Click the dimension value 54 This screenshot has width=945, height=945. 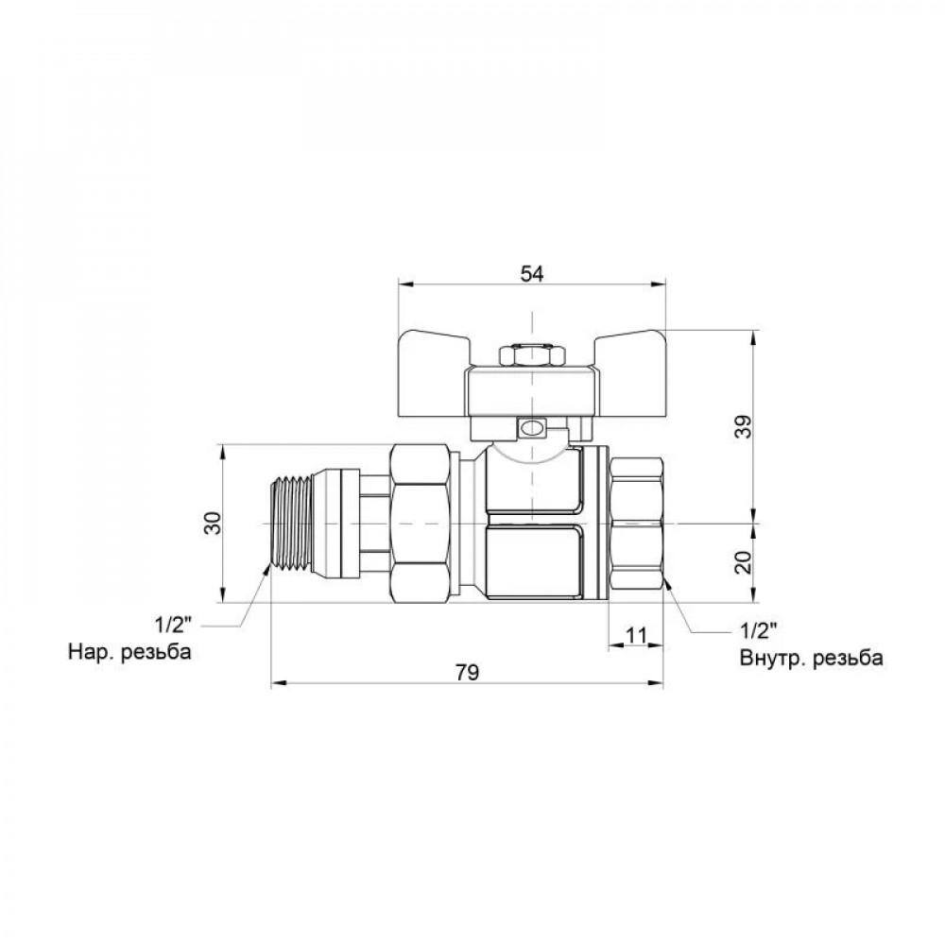(x=531, y=274)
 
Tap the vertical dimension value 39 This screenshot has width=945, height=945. (x=745, y=427)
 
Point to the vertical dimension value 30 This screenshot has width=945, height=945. (x=214, y=523)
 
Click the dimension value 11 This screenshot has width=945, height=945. (x=636, y=635)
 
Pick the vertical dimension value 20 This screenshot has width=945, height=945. (x=745, y=562)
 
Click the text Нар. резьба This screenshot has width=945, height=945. (x=129, y=651)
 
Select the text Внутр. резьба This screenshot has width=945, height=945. (x=811, y=657)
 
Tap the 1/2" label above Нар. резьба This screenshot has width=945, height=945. (x=173, y=625)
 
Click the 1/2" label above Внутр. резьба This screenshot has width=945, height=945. (x=758, y=630)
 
